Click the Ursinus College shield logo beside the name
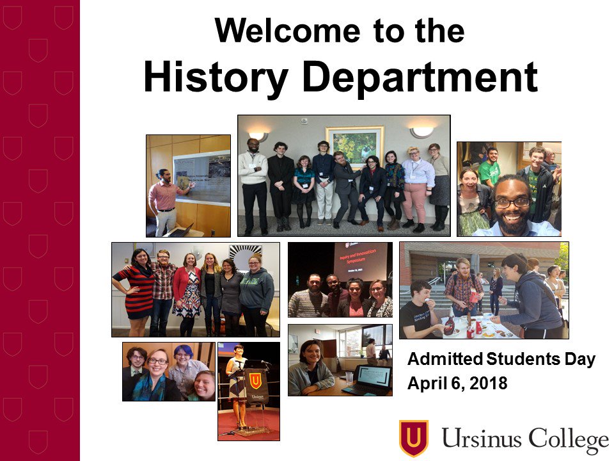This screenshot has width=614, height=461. (413, 437)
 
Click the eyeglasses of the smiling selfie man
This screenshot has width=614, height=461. (512, 203)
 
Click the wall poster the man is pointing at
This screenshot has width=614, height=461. (201, 177)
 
